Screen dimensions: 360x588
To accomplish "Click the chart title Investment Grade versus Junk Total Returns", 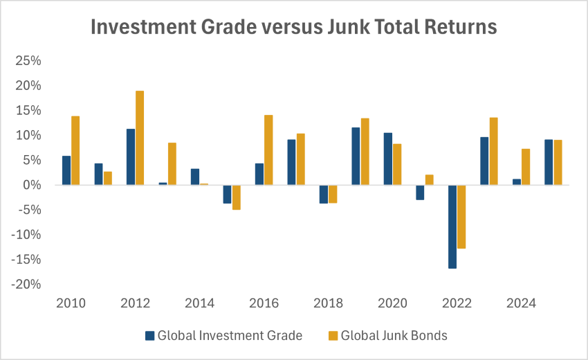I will (x=294, y=27).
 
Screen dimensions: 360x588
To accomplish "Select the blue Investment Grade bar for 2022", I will (x=452, y=226).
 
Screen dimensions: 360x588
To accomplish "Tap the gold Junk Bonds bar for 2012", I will (x=140, y=138).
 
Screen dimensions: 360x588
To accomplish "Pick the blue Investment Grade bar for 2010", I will (x=66, y=170).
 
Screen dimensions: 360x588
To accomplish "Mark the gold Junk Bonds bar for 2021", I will (x=429, y=180).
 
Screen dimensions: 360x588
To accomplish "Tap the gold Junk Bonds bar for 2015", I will (x=236, y=197).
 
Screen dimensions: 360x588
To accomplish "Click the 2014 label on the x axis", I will (x=199, y=303).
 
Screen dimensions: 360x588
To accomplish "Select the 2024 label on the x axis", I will (x=521, y=303).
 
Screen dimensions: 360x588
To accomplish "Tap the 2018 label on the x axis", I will (x=328, y=303).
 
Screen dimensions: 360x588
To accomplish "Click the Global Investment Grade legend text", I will (x=230, y=336).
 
